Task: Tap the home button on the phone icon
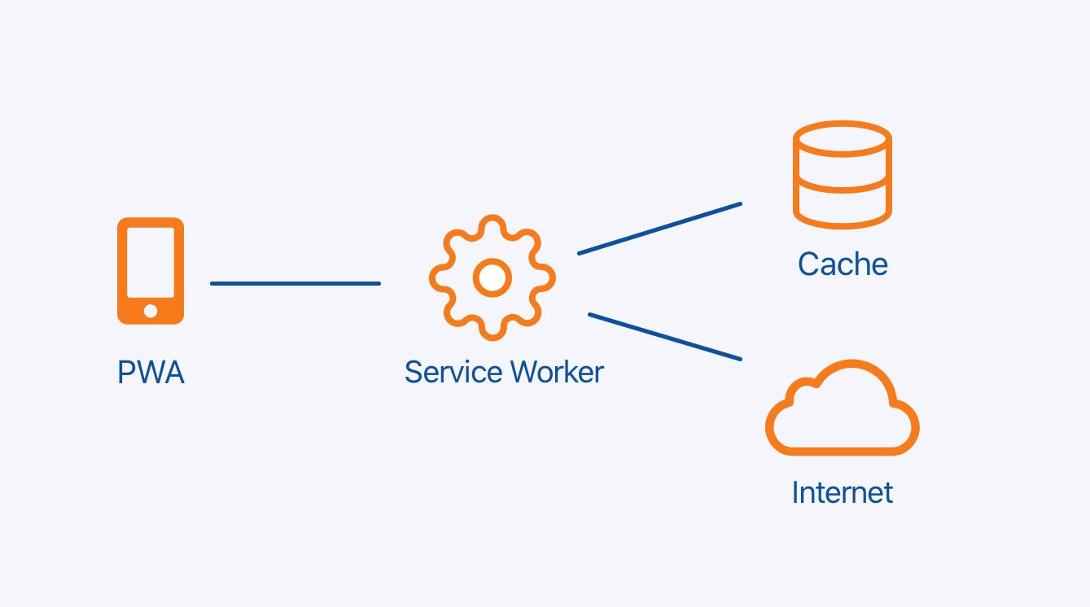151,310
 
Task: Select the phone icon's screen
151,262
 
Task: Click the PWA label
151,373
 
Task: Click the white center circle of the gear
492,277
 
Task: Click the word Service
453,372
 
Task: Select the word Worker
557,372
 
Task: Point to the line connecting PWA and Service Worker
295,283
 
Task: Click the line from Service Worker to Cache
659,228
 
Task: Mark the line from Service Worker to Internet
665,336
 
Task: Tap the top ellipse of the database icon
843,139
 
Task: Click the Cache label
843,264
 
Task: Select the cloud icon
843,410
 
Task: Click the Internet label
843,492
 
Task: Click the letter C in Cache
809,264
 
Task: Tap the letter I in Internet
795,492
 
